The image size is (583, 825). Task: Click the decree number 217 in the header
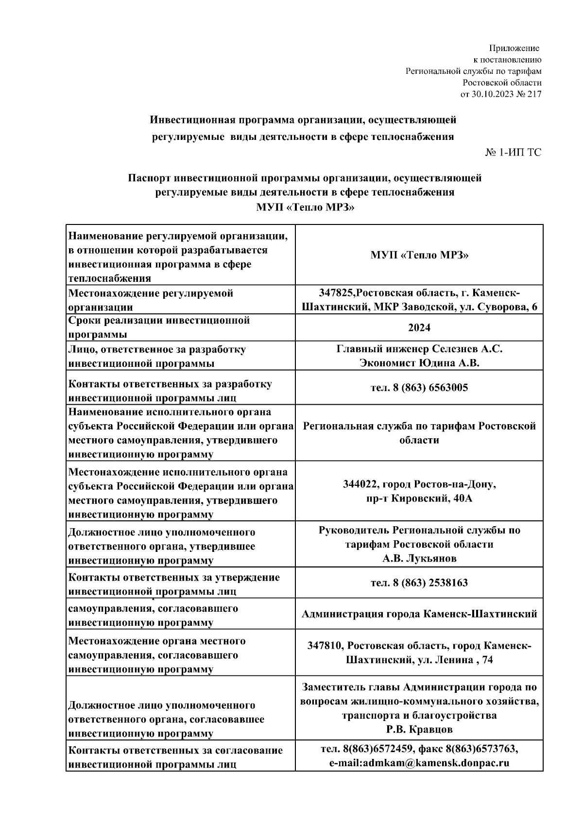coord(533,94)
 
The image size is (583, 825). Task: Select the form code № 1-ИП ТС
coord(513,153)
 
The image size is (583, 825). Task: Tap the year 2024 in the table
coord(419,328)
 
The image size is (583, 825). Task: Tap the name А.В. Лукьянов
coord(419,559)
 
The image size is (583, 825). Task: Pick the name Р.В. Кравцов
coord(419,729)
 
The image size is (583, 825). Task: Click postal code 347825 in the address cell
coord(334,293)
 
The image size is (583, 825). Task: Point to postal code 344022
coord(361,484)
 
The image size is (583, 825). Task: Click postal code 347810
coord(326,646)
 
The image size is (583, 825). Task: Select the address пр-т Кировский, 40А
coord(419,498)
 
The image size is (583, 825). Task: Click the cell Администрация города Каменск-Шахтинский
coord(419,614)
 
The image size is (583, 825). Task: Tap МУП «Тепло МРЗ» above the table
coord(305,206)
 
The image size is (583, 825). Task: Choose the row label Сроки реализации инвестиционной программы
coord(159,327)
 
